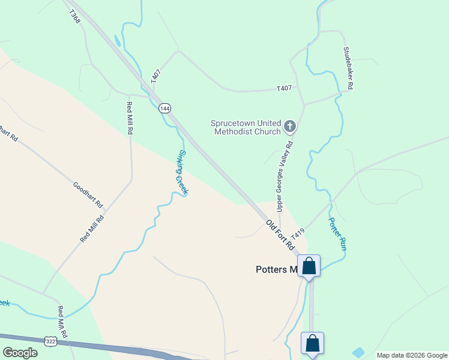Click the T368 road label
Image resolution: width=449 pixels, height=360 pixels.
pyautogui.click(x=74, y=16)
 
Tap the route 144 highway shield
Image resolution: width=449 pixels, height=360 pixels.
pyautogui.click(x=165, y=109)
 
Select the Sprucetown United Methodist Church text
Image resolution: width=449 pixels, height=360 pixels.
pyautogui.click(x=246, y=128)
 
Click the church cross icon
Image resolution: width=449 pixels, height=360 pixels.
pyautogui.click(x=290, y=126)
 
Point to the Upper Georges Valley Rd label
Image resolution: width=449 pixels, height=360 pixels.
pyautogui.click(x=285, y=176)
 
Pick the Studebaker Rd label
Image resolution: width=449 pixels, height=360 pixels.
pyautogui.click(x=348, y=68)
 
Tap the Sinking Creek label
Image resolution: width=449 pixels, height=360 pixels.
pyautogui.click(x=182, y=172)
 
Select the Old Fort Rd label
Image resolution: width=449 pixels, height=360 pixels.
pyautogui.click(x=281, y=235)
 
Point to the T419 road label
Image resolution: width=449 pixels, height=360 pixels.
pyautogui.click(x=298, y=233)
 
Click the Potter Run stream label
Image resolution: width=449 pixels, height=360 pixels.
pyautogui.click(x=337, y=234)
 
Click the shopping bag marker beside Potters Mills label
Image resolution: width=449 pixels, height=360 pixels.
pyautogui.click(x=309, y=266)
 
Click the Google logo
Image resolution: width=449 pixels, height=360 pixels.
pyautogui.click(x=20, y=352)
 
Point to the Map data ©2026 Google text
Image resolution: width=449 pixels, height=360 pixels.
pyautogui.click(x=411, y=355)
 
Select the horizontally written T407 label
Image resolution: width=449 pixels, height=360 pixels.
pyautogui.click(x=284, y=88)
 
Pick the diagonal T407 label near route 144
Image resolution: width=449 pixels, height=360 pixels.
pyautogui.click(x=156, y=76)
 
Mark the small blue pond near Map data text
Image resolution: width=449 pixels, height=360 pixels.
pyautogui.click(x=358, y=352)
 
